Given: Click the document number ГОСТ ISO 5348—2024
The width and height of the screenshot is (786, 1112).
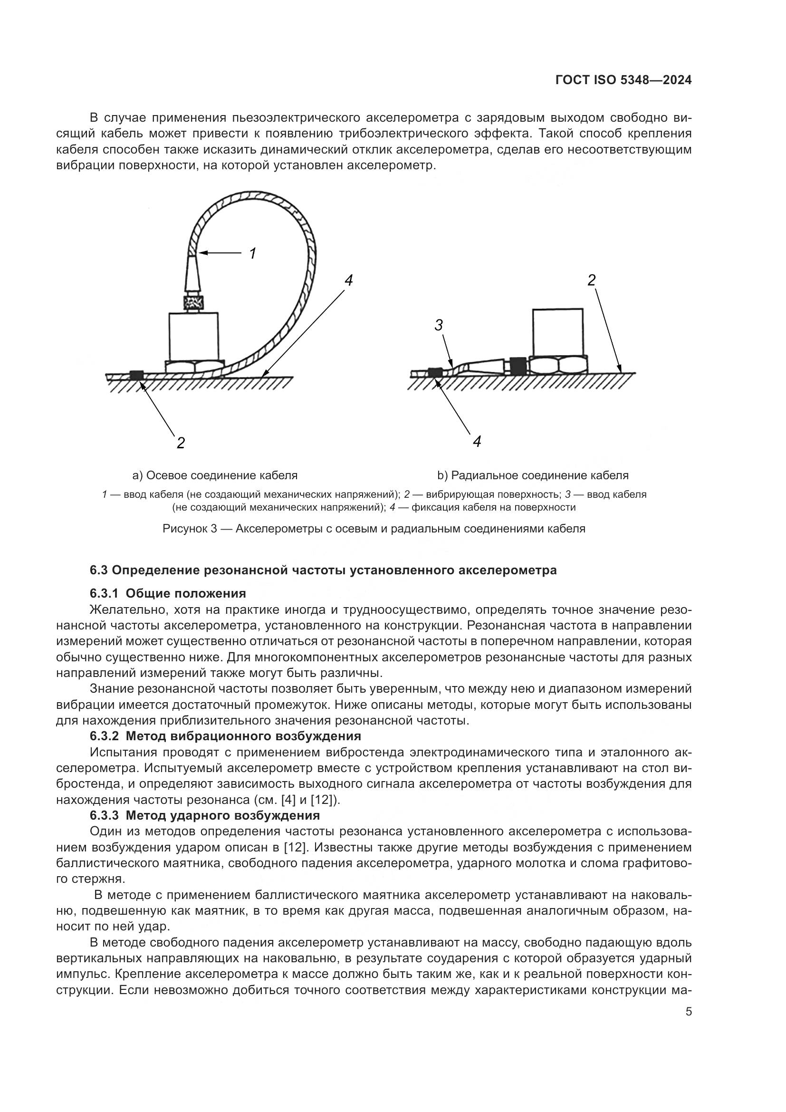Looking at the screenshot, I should [x=623, y=80].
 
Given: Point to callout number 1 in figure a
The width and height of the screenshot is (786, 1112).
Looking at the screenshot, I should [x=252, y=253].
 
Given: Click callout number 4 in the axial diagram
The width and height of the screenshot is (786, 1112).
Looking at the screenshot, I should [x=348, y=280].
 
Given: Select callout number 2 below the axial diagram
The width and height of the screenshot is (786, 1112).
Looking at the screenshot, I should [x=181, y=443].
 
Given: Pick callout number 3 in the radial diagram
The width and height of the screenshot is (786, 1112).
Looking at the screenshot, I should [x=439, y=326].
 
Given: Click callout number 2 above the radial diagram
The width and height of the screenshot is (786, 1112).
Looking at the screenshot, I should [x=592, y=280].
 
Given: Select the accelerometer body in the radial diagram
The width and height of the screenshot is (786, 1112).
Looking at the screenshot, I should [x=557, y=332].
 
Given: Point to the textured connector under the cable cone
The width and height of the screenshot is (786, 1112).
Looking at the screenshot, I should [x=193, y=303].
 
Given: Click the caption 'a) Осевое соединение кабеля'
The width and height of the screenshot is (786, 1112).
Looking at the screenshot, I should [x=215, y=475].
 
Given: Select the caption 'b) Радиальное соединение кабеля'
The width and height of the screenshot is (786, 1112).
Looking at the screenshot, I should [x=533, y=475].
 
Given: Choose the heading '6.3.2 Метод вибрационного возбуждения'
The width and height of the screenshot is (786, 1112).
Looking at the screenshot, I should [x=225, y=736].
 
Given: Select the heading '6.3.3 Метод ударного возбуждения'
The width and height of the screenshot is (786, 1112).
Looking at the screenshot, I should [x=205, y=815].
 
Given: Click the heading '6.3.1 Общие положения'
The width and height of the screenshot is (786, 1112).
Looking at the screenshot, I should [x=167, y=593].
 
